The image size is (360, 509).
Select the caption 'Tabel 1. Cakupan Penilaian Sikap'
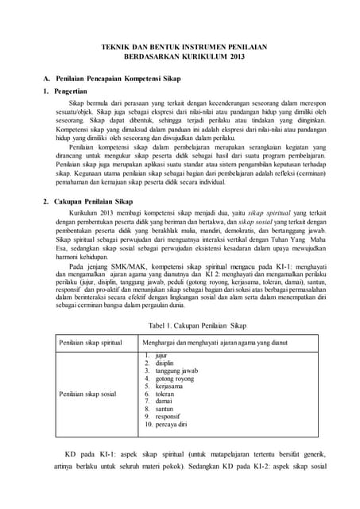point(180,326)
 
